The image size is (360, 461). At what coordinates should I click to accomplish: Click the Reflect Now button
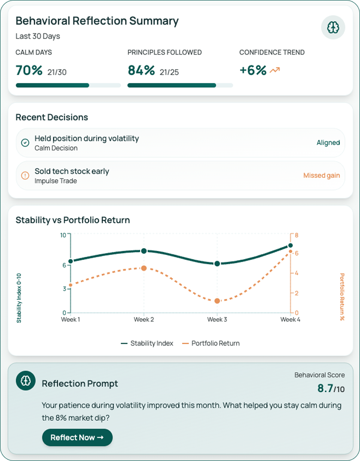click(77, 437)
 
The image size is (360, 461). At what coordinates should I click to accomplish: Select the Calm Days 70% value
click(29, 71)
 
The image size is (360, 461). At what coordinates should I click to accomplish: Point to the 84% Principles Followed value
click(141, 71)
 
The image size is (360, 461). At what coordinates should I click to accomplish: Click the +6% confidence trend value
click(253, 71)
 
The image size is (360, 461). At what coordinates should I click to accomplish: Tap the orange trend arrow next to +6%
click(275, 71)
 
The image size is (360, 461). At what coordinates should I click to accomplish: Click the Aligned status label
click(328, 143)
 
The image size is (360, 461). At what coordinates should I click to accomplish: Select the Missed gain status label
click(321, 176)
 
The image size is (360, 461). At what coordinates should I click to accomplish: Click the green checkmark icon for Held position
click(25, 143)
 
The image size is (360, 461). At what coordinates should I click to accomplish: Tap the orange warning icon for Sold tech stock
click(25, 176)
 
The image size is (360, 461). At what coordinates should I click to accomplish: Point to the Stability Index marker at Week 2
click(144, 251)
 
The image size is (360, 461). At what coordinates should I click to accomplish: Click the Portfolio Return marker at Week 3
click(217, 301)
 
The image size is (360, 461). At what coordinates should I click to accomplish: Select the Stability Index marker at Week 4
click(290, 246)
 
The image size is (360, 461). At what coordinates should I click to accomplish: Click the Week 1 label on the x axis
click(71, 320)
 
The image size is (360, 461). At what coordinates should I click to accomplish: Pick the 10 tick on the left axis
click(63, 235)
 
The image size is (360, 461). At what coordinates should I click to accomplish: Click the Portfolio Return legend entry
click(211, 343)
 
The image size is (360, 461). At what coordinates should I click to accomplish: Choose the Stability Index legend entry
click(147, 343)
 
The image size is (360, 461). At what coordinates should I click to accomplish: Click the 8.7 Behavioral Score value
click(325, 388)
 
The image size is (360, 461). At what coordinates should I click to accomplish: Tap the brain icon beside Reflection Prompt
click(25, 380)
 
